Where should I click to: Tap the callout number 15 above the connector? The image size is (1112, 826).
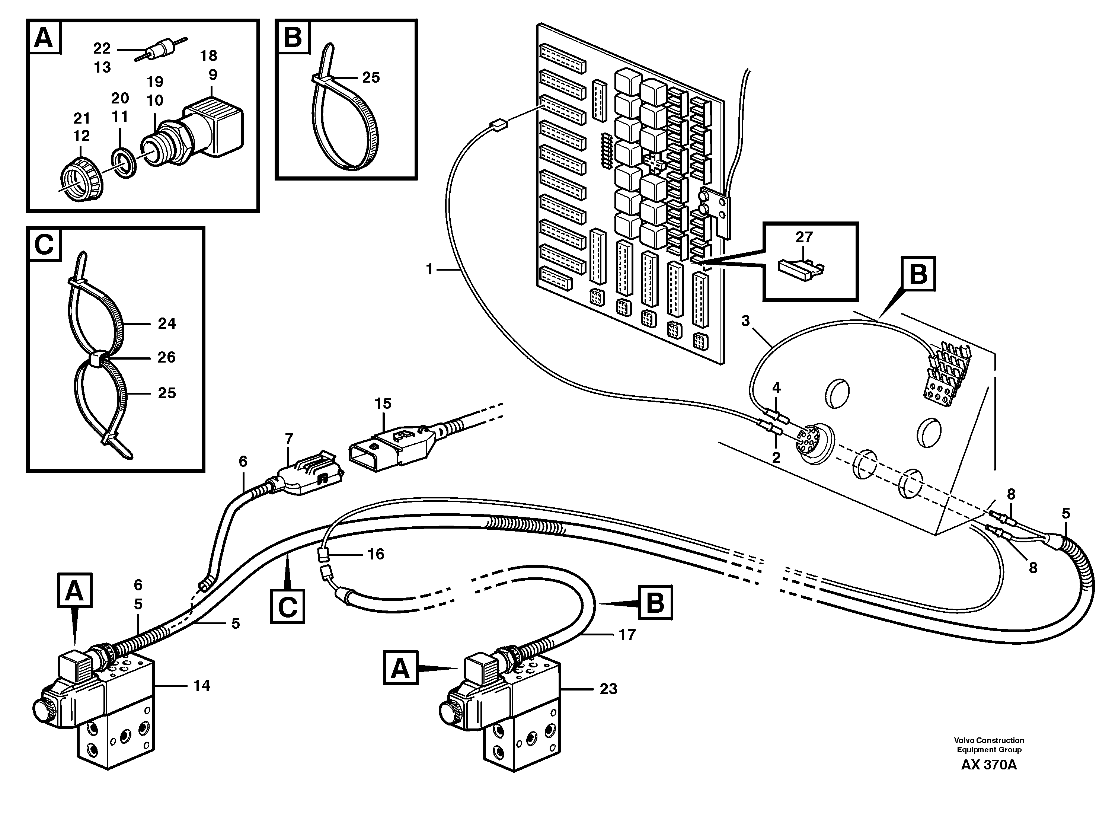383,404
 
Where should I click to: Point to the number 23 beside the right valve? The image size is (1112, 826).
608,689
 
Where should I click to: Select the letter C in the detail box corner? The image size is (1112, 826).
44,245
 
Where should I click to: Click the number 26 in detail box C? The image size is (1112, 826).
166,357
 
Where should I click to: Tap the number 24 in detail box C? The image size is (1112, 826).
166,323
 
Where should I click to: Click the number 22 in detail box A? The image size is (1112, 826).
102,48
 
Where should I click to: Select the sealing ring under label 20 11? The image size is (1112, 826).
122,163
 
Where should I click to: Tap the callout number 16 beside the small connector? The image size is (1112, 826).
376,554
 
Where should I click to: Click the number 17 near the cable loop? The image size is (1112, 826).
627,635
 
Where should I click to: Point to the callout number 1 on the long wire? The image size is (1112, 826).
429,270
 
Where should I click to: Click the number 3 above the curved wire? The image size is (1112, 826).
745,320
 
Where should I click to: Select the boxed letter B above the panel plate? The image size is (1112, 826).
918,274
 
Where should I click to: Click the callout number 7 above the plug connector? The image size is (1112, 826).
289,438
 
